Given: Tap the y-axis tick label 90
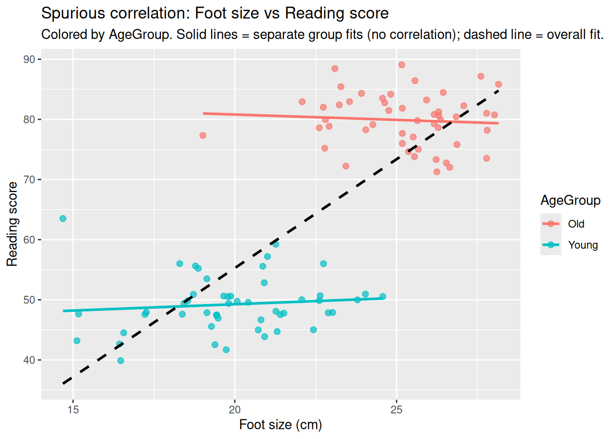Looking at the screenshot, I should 29,59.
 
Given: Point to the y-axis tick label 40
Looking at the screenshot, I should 29,360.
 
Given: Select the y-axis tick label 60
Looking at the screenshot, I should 29,240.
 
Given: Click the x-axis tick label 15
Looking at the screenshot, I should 73,410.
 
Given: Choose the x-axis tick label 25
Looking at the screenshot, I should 397,410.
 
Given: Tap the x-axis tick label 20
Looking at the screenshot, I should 235,410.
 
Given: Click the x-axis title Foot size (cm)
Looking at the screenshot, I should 281,425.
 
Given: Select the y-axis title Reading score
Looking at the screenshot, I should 12,224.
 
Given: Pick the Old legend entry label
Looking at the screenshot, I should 576,224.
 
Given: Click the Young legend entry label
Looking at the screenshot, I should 583,245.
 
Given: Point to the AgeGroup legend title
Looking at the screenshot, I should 570,200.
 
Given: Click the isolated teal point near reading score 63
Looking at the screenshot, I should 63,219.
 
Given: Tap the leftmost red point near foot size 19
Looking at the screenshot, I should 203,135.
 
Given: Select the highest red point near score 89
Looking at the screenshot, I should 402,65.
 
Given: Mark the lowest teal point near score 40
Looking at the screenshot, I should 121,361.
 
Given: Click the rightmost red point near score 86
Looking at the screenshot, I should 498,84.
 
